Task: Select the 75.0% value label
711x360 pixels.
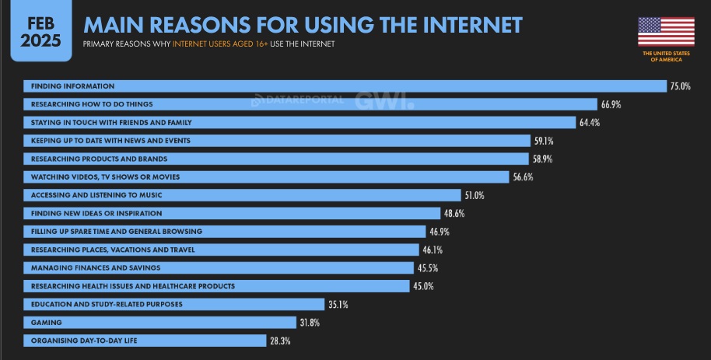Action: (x=680, y=86)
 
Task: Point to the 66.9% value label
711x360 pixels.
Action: (x=610, y=104)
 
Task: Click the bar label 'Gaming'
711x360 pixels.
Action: (x=47, y=322)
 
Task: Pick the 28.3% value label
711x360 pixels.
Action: (x=279, y=341)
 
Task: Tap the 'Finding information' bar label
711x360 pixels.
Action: (x=72, y=86)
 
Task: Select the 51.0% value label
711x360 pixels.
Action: (x=474, y=195)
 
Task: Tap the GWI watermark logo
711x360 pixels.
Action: (x=384, y=101)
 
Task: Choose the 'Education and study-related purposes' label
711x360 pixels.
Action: (x=107, y=304)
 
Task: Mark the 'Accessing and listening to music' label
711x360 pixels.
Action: (x=96, y=195)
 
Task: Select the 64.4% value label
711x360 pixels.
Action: (x=589, y=123)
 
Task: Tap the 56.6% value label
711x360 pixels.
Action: (x=523, y=177)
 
